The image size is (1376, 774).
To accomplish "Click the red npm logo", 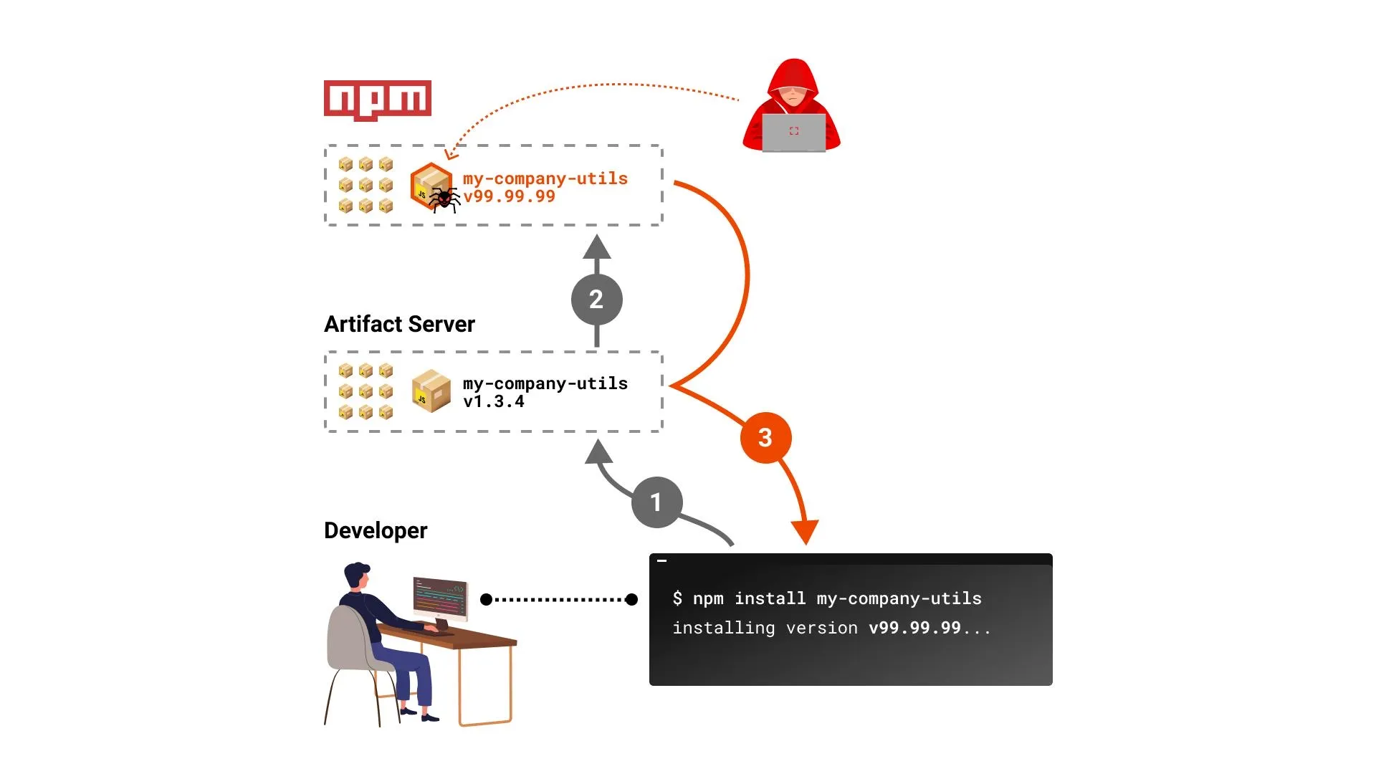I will click(x=378, y=100).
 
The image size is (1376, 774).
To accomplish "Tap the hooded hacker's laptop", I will click(x=793, y=133).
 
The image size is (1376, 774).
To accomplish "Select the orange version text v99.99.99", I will click(x=509, y=196).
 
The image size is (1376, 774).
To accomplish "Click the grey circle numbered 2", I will click(x=596, y=300).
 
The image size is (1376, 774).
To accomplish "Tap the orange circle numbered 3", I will click(x=765, y=437).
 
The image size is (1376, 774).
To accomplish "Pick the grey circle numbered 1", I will click(x=656, y=502).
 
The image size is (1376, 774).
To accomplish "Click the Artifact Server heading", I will click(x=399, y=324).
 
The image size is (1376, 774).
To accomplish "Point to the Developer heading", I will click(x=376, y=530).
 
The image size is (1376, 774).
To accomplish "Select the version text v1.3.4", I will click(x=494, y=402).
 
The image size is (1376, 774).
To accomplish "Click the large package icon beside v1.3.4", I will click(x=431, y=391).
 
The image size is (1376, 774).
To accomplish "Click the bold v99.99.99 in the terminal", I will click(x=914, y=628).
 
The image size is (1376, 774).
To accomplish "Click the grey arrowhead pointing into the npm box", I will click(x=597, y=247).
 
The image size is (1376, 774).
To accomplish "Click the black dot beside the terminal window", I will click(x=631, y=599).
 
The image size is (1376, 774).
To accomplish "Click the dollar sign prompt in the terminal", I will click(x=677, y=598).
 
